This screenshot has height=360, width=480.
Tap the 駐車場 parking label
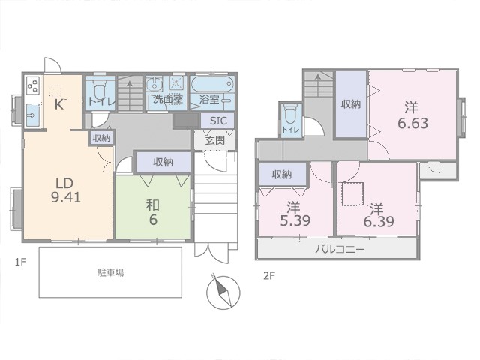click(x=111, y=272)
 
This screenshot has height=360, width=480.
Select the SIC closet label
click(x=218, y=121)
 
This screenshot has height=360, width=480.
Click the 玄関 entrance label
click(x=215, y=140)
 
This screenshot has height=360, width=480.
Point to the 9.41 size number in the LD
click(x=66, y=198)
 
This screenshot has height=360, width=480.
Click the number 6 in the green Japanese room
click(x=153, y=220)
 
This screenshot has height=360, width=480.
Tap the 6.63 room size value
click(x=412, y=123)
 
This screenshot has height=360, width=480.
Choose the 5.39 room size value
click(x=295, y=220)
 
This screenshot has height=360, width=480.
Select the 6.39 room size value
click(x=379, y=221)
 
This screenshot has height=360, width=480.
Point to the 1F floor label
click(x=21, y=262)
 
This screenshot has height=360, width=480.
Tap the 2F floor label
click(x=269, y=276)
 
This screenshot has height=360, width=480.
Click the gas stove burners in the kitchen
click(x=33, y=85)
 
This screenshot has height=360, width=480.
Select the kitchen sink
click(x=33, y=115)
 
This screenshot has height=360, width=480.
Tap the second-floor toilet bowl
click(x=289, y=114)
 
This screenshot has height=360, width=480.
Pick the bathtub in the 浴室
click(x=212, y=83)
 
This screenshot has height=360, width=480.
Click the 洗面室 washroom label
click(x=168, y=99)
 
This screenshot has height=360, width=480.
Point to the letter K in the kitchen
click(x=59, y=105)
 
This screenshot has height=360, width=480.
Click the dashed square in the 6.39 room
click(x=352, y=193)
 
